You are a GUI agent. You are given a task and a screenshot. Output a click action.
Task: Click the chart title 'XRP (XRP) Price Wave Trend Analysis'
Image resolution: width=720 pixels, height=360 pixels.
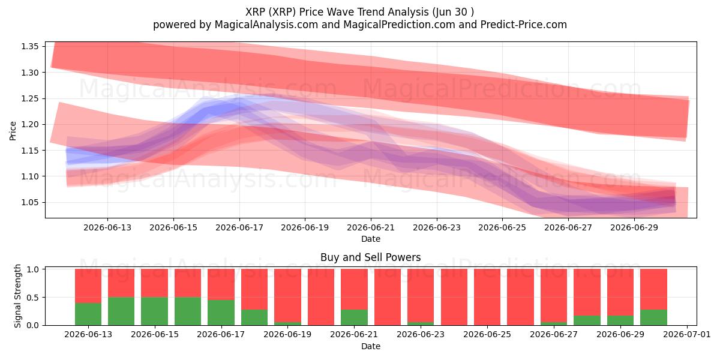click(x=337, y=12)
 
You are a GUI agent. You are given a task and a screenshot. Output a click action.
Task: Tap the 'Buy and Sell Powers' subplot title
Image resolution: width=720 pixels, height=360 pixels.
click(x=371, y=257)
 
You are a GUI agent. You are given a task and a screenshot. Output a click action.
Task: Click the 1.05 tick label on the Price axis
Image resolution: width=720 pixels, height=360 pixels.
click(x=29, y=203)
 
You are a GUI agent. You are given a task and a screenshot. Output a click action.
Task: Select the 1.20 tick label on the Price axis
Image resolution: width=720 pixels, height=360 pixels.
click(x=29, y=124)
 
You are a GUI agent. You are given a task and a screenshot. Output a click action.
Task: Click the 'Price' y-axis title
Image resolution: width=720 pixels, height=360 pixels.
click(x=13, y=131)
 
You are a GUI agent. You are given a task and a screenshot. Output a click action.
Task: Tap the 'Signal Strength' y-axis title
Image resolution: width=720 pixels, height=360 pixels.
click(x=17, y=296)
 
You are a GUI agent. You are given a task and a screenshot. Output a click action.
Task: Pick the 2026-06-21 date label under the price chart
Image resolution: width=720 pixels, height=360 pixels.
click(x=371, y=227)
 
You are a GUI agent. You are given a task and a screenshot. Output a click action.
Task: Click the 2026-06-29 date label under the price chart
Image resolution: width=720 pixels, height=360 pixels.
click(x=634, y=227)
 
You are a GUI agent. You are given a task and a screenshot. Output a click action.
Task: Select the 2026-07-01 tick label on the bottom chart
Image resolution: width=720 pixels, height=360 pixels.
click(x=687, y=334)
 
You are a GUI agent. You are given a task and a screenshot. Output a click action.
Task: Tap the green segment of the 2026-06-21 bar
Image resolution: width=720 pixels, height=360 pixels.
click(x=354, y=317)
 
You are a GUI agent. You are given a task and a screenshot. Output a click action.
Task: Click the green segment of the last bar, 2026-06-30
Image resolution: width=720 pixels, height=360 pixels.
click(x=653, y=317)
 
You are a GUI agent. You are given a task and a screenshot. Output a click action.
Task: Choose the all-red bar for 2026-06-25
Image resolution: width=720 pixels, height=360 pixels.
click(x=487, y=297)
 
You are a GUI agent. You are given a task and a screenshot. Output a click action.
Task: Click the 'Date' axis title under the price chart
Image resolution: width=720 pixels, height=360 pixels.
click(x=371, y=239)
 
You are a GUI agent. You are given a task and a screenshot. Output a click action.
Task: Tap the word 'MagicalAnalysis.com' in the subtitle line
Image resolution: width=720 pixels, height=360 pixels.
click(x=266, y=25)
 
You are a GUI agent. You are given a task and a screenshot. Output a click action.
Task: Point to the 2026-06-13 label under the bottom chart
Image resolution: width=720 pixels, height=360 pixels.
click(x=88, y=334)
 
